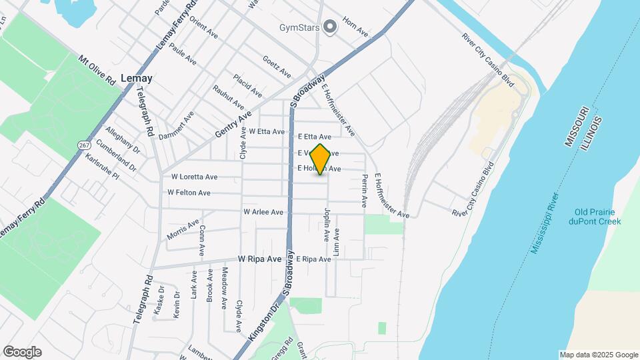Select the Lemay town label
[137, 78]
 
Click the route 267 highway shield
[84, 145]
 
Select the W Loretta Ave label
[194, 177]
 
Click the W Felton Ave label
[189, 193]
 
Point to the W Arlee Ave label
[263, 212]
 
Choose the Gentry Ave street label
[233, 125]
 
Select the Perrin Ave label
[365, 191]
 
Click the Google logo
[22, 352]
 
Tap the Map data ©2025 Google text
[599, 355]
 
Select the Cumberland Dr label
[115, 155]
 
